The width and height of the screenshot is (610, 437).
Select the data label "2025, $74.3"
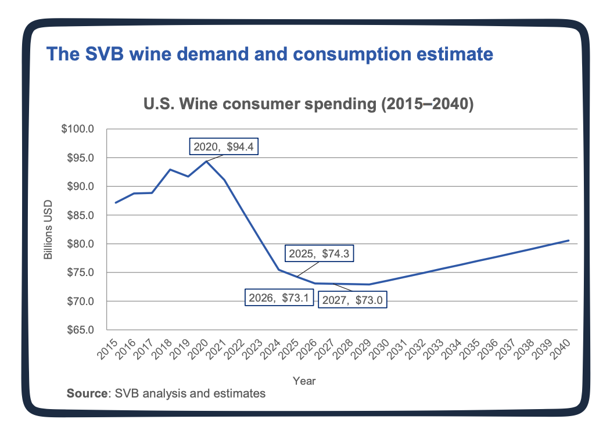tap(320, 253)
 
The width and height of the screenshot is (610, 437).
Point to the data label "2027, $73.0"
tap(352, 300)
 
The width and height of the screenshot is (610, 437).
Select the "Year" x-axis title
tap(304, 381)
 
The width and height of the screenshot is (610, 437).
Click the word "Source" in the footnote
tap(87, 393)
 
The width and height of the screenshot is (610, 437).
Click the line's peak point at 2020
tap(206, 161)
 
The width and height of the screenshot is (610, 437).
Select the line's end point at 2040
tap(568, 240)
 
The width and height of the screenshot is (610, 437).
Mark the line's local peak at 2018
tap(170, 170)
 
